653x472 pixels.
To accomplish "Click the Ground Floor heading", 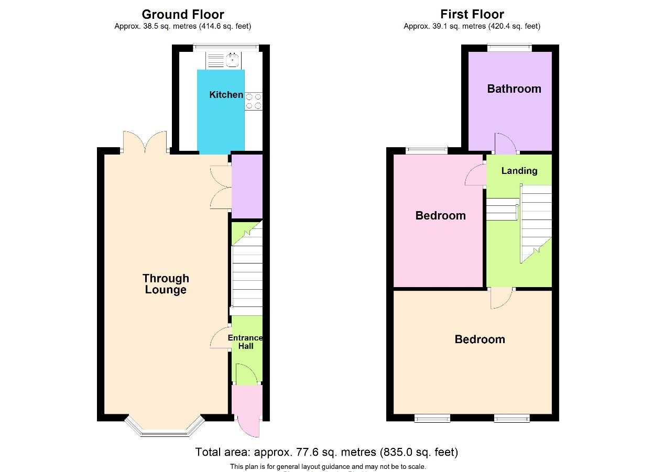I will [183, 14].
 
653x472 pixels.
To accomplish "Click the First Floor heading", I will [472, 14].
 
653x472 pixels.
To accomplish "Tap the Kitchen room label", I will [226, 95].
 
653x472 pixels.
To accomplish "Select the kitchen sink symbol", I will [232, 61].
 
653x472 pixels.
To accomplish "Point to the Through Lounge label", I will [166, 284].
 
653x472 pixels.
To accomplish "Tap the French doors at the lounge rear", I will [145, 142].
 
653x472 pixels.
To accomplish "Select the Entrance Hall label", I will [245, 342].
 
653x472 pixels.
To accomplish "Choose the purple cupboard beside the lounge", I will [247, 186].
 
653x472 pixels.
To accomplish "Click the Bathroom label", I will [514, 89].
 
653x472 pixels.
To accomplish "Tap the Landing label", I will [519, 171].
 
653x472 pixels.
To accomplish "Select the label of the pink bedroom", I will [440, 215].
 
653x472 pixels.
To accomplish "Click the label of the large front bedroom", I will [480, 339].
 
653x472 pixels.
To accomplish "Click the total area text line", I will [326, 452].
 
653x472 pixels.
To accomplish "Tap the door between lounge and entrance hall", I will [220, 337].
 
